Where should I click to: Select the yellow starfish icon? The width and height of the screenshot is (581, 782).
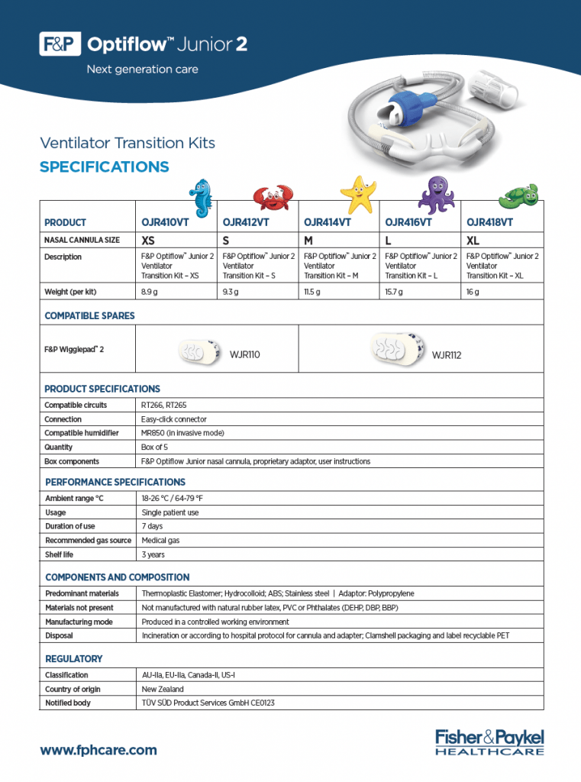(357, 195)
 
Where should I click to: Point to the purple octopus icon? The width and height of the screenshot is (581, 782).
(436, 195)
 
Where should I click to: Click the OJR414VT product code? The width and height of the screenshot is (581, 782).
(327, 222)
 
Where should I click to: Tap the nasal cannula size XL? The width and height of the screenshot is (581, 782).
(473, 240)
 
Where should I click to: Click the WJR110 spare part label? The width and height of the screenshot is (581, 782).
(245, 355)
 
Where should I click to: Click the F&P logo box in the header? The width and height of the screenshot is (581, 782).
(60, 45)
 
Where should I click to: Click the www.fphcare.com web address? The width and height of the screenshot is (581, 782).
(98, 750)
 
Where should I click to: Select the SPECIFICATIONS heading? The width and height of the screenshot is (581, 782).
(104, 167)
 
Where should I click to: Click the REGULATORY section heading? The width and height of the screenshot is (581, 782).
(73, 658)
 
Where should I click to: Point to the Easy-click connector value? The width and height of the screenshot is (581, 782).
(174, 419)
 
